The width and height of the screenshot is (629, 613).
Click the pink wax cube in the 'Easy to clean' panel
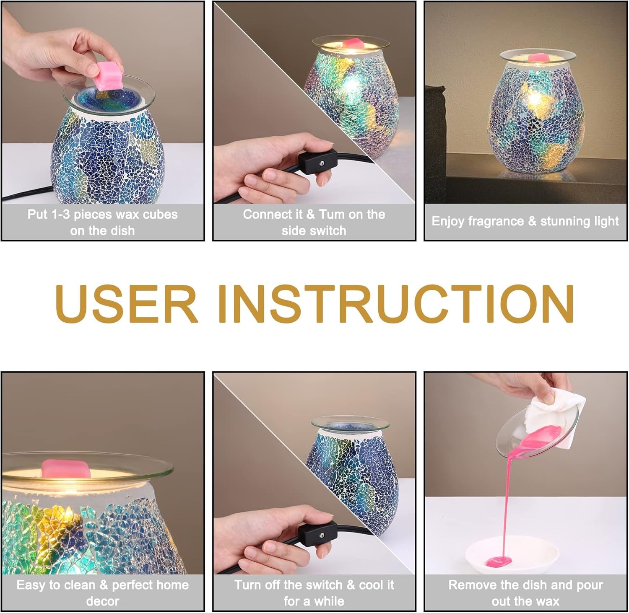[x=66, y=468]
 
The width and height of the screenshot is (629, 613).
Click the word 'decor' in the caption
[x=103, y=601]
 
